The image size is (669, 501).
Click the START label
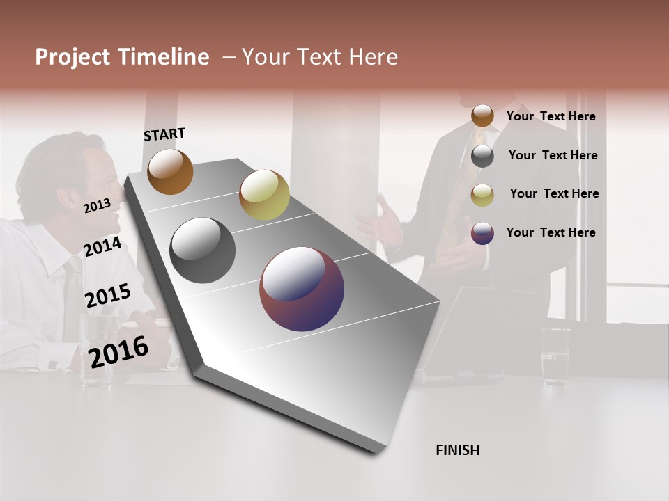click(x=164, y=134)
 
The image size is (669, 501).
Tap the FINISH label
click(x=457, y=450)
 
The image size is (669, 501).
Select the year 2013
click(x=97, y=205)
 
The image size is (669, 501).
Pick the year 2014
click(x=102, y=247)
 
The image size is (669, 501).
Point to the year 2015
click(x=107, y=296)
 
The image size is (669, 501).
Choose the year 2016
click(x=118, y=352)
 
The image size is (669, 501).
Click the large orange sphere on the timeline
click(x=170, y=171)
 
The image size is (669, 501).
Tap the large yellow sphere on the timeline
click(x=264, y=195)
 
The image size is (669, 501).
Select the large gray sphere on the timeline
click(x=202, y=250)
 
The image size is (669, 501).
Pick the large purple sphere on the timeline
click(x=302, y=289)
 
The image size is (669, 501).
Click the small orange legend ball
click(x=482, y=116)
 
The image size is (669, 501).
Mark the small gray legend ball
click(x=482, y=156)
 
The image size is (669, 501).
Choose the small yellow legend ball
click(x=482, y=195)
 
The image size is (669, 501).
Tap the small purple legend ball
click(x=482, y=233)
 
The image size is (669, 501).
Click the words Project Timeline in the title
click(x=122, y=57)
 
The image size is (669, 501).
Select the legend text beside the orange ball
click(x=551, y=117)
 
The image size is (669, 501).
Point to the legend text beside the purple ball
click(x=551, y=232)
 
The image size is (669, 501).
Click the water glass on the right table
click(x=555, y=356)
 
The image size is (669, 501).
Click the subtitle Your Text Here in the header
click(x=319, y=57)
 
